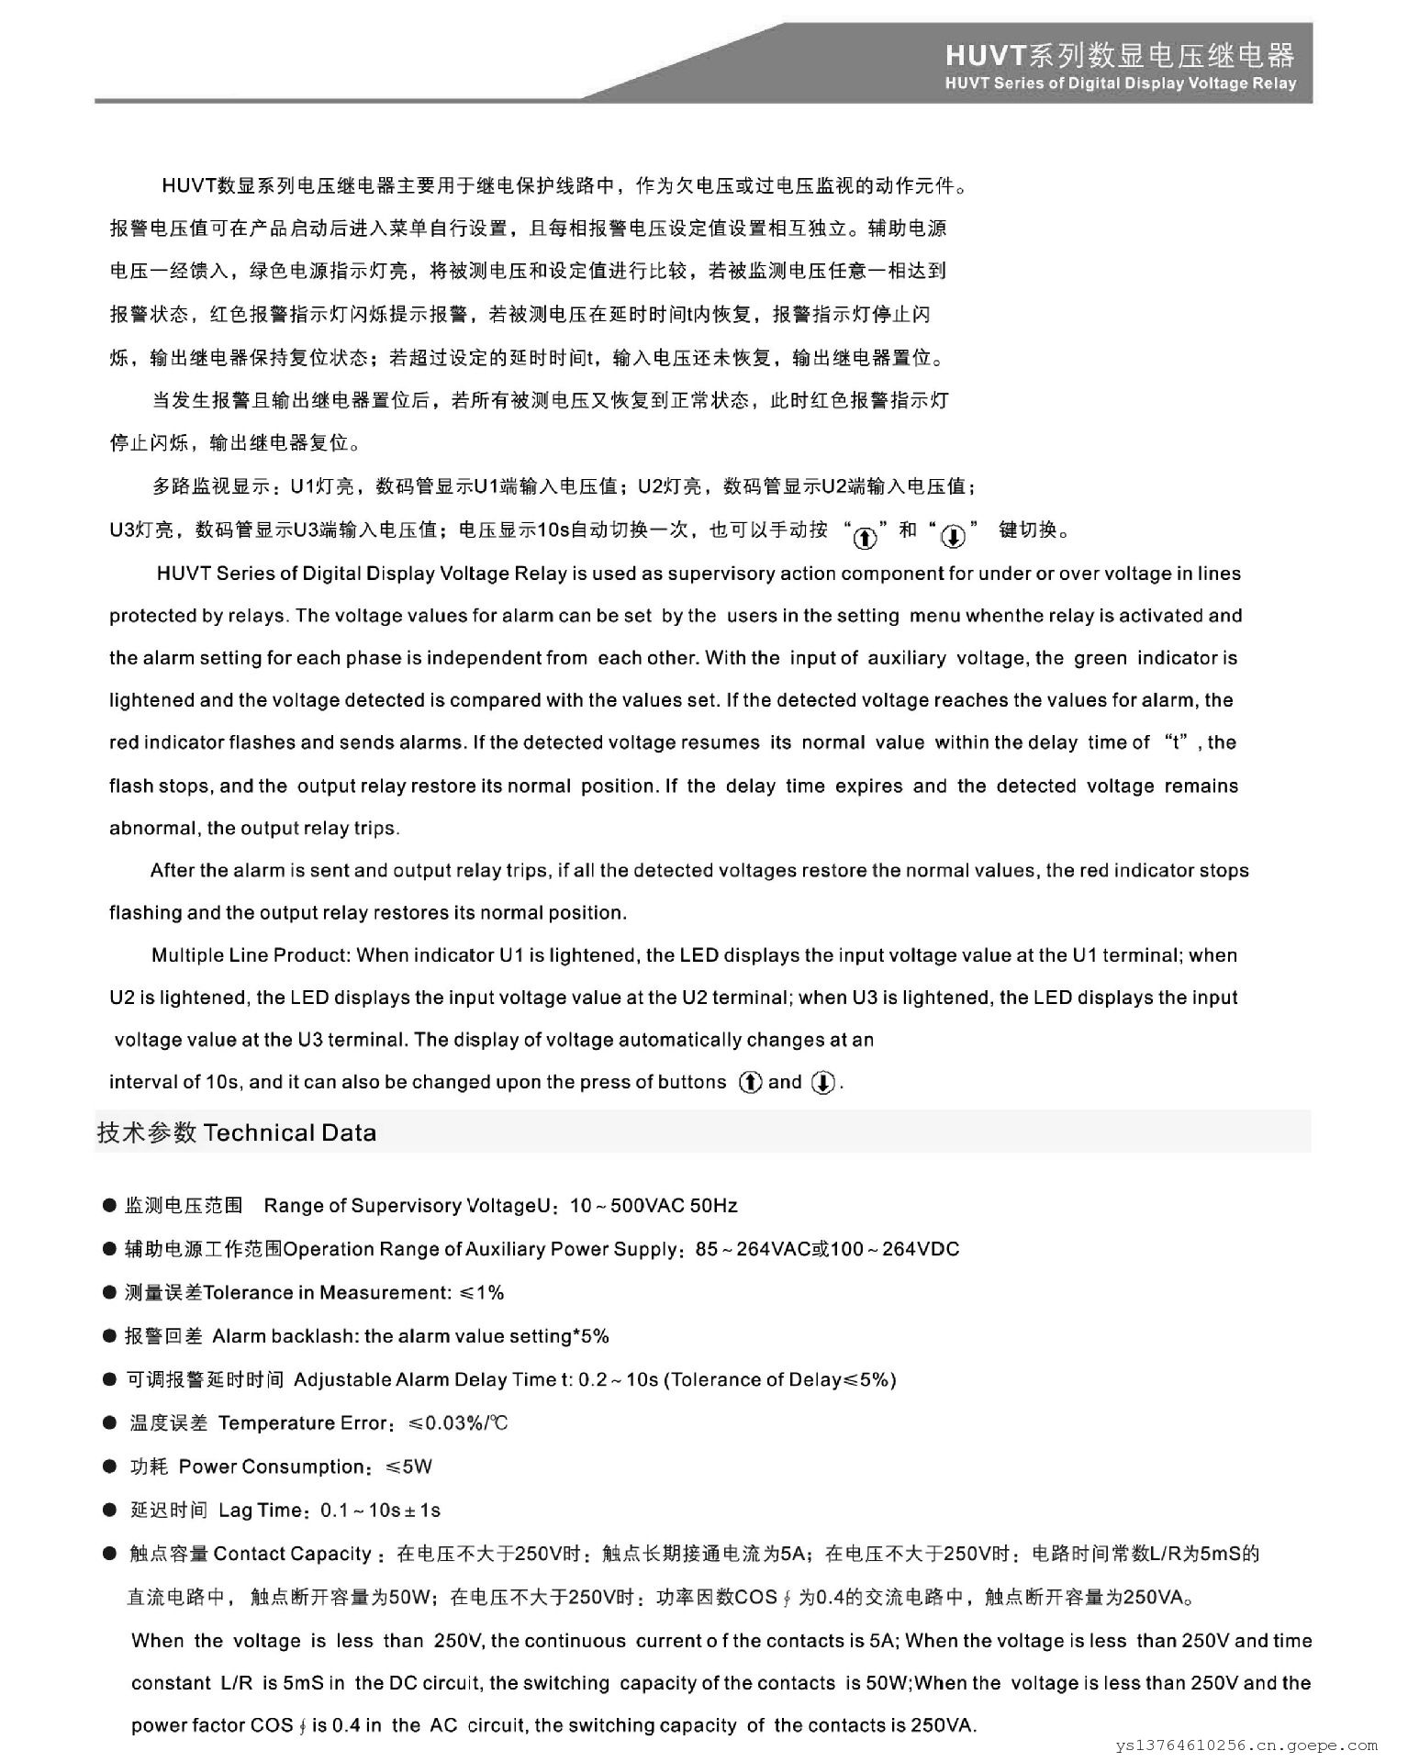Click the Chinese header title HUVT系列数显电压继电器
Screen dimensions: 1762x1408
1120,56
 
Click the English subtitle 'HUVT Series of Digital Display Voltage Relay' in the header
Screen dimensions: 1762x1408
1120,84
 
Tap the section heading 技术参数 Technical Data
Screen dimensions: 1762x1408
237,1132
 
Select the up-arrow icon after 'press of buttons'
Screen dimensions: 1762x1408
750,1083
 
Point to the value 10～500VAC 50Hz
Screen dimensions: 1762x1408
654,1206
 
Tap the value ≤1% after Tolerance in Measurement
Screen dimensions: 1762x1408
482,1293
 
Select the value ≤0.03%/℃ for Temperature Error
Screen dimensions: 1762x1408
458,1423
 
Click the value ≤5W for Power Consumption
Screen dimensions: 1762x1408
408,1466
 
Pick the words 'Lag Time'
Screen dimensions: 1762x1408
260,1511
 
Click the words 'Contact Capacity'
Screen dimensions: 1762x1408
292,1554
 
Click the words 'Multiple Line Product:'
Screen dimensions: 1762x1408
251,955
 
